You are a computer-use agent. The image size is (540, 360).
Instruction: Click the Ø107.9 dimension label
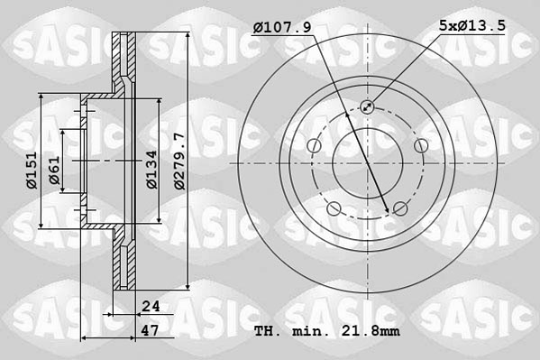tap(282, 28)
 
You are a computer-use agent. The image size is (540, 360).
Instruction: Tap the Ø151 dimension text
tap(32, 168)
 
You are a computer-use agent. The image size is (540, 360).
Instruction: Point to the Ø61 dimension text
tap(55, 169)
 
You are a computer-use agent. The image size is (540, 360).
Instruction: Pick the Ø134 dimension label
tap(154, 168)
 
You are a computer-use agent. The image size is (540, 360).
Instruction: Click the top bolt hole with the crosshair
tap(368, 108)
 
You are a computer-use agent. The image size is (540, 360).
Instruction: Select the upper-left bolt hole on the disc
tap(314, 147)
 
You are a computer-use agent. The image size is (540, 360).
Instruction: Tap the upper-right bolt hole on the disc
tap(421, 147)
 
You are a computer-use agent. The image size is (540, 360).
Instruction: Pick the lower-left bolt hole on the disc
tap(334, 210)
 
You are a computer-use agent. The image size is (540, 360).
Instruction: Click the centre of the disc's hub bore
tap(368, 163)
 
